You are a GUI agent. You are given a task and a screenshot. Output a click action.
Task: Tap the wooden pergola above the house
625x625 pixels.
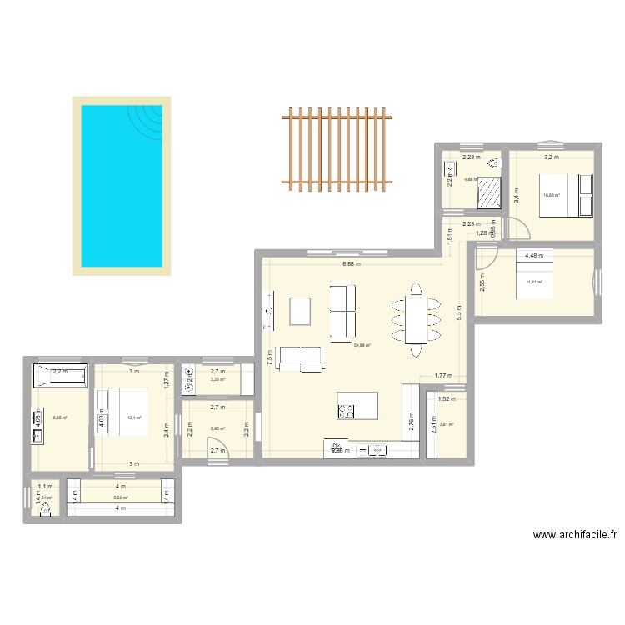click(x=337, y=145)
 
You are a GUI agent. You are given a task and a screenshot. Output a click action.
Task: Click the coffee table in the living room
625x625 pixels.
click(x=300, y=311)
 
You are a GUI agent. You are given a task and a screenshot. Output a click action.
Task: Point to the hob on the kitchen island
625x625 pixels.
click(x=346, y=410)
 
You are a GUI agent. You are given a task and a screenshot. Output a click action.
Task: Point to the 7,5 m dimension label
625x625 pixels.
click(x=268, y=357)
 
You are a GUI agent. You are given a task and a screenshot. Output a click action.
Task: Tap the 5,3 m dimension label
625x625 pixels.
click(x=457, y=312)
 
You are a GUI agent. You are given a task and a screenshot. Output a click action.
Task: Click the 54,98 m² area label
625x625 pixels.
click(x=362, y=345)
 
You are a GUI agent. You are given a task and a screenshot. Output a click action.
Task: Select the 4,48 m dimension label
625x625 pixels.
click(x=533, y=255)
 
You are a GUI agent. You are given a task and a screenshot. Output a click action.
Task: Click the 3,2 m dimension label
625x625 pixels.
click(x=551, y=157)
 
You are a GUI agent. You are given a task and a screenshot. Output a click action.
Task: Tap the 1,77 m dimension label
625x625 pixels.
click(x=442, y=377)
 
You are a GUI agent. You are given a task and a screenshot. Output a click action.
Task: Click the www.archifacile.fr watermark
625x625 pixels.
click(x=575, y=537)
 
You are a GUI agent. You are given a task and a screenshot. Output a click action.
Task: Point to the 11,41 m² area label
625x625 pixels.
click(x=534, y=282)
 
